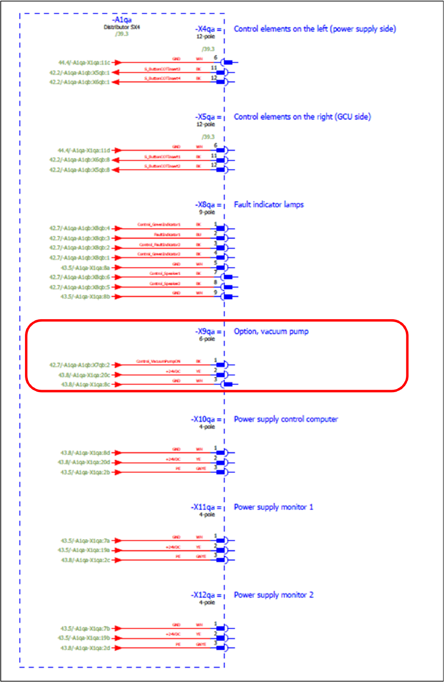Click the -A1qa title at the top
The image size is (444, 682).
122,20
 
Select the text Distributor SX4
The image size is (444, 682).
122,27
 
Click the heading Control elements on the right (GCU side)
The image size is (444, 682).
302,117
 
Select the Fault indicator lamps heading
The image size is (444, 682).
268,204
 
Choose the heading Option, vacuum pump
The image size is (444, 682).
271,331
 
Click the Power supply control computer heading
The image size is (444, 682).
286,419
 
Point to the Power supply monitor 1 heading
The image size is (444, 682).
273,507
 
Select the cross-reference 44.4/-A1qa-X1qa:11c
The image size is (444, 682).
84,63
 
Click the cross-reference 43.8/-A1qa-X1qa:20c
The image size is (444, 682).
85,375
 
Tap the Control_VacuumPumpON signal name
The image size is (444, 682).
158,361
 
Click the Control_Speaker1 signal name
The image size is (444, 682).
165,273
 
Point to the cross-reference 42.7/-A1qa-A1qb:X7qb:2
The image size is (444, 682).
80,365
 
